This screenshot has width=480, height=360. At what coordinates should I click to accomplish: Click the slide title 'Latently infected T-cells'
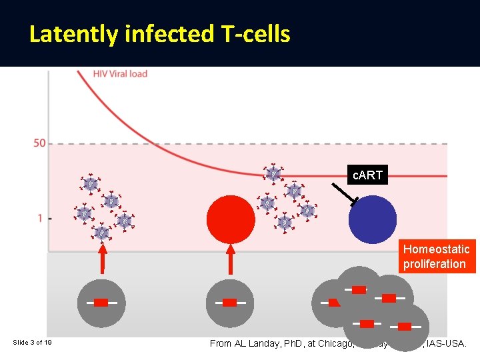pos(159,34)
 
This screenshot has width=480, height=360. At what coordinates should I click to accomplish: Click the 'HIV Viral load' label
pos(120,73)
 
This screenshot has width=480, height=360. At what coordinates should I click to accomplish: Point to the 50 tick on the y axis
pos(39,143)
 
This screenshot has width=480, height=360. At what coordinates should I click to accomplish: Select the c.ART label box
pos(367,175)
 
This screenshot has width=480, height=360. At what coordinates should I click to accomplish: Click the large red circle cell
pos(231,218)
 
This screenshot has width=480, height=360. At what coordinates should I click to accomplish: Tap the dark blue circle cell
pos(373,219)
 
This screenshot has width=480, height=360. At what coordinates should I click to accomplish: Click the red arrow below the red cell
pos(231,260)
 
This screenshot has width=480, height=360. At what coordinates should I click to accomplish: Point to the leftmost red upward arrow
pos(102,260)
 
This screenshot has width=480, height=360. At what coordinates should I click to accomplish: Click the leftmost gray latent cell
pos(101,303)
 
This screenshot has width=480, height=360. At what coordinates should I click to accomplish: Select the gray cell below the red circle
pos(230,303)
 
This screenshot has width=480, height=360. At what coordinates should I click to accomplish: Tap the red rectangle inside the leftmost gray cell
pos(101,303)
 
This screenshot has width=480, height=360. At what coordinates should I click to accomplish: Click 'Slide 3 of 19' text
pos(33,343)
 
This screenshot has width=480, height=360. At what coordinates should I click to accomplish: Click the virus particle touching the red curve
pos(273,173)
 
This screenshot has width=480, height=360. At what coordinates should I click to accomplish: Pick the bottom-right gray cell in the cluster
pos(406,327)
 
